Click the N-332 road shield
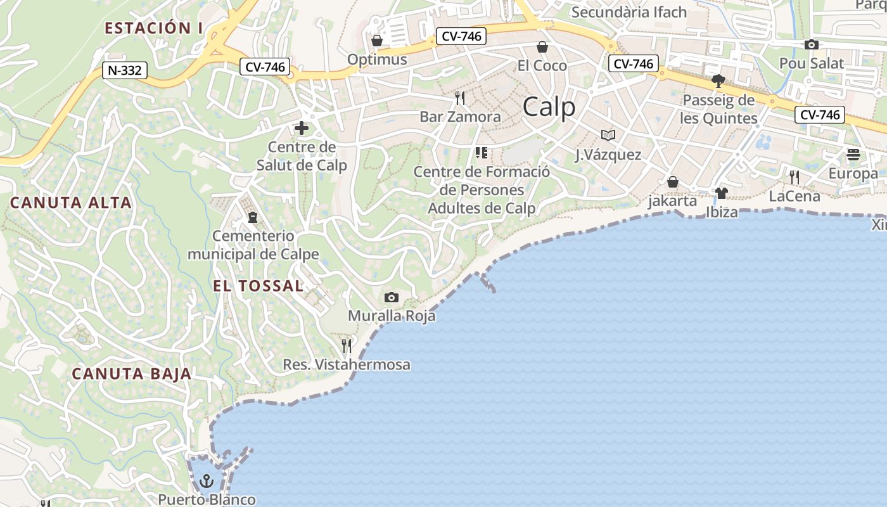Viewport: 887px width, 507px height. click(x=125, y=70)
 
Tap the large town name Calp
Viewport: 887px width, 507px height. click(x=549, y=107)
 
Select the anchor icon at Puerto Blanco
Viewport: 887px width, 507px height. click(x=207, y=481)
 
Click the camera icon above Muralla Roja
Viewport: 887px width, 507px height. click(x=392, y=297)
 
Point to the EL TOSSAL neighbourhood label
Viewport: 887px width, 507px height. click(x=258, y=286)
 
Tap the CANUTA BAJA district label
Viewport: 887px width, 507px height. click(x=132, y=374)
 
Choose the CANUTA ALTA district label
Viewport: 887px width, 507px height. click(x=71, y=203)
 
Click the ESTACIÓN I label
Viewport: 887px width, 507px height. click(x=154, y=28)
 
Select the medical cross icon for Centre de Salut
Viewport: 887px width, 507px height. click(x=302, y=129)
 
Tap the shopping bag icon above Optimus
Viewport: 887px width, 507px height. click(x=377, y=41)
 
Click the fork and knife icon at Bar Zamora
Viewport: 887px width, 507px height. click(x=460, y=98)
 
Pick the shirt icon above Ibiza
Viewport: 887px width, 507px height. click(x=722, y=193)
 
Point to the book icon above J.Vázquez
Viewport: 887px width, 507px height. click(x=608, y=135)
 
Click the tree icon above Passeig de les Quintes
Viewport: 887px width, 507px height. click(x=718, y=81)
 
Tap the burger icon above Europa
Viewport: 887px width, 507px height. click(x=853, y=155)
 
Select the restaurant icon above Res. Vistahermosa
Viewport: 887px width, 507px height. click(x=347, y=345)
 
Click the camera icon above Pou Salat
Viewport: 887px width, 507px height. click(x=812, y=44)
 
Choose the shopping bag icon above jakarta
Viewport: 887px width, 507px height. click(x=673, y=183)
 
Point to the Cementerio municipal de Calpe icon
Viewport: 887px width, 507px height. click(x=253, y=217)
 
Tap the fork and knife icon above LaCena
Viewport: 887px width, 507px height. click(x=794, y=177)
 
